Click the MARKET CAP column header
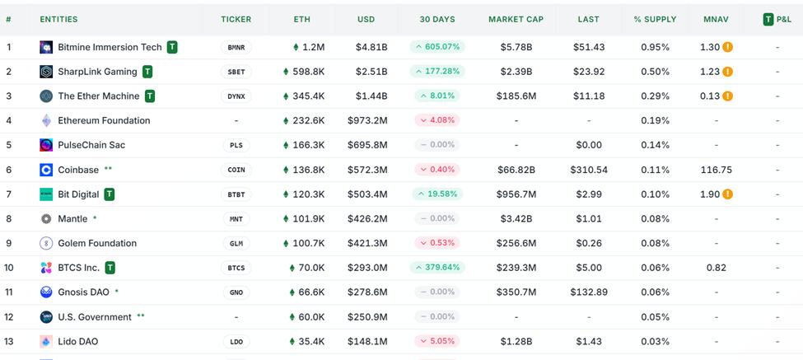pyautogui.click(x=516, y=19)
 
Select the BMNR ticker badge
pyautogui.click(x=236, y=47)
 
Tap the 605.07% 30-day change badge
pyautogui.click(x=437, y=47)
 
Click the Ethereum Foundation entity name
pyautogui.click(x=104, y=120)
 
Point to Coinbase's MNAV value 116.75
pyautogui.click(x=716, y=170)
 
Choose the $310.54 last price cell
pyautogui.click(x=589, y=170)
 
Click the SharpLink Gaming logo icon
pyautogui.click(x=46, y=72)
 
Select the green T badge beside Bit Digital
pyautogui.click(x=109, y=194)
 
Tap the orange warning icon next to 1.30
pyautogui.click(x=728, y=48)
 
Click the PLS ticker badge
pyautogui.click(x=236, y=145)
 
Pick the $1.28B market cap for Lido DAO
pyautogui.click(x=516, y=341)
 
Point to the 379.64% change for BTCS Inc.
pyautogui.click(x=437, y=268)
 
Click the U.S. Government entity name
pyautogui.click(x=95, y=316)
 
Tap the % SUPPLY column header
pyautogui.click(x=655, y=19)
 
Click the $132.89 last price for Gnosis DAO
pyautogui.click(x=589, y=292)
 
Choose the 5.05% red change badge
pyautogui.click(x=437, y=341)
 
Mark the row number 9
pyautogui.click(x=9, y=243)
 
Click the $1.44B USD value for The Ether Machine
pyautogui.click(x=372, y=96)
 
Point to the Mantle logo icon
pyautogui.click(x=46, y=219)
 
